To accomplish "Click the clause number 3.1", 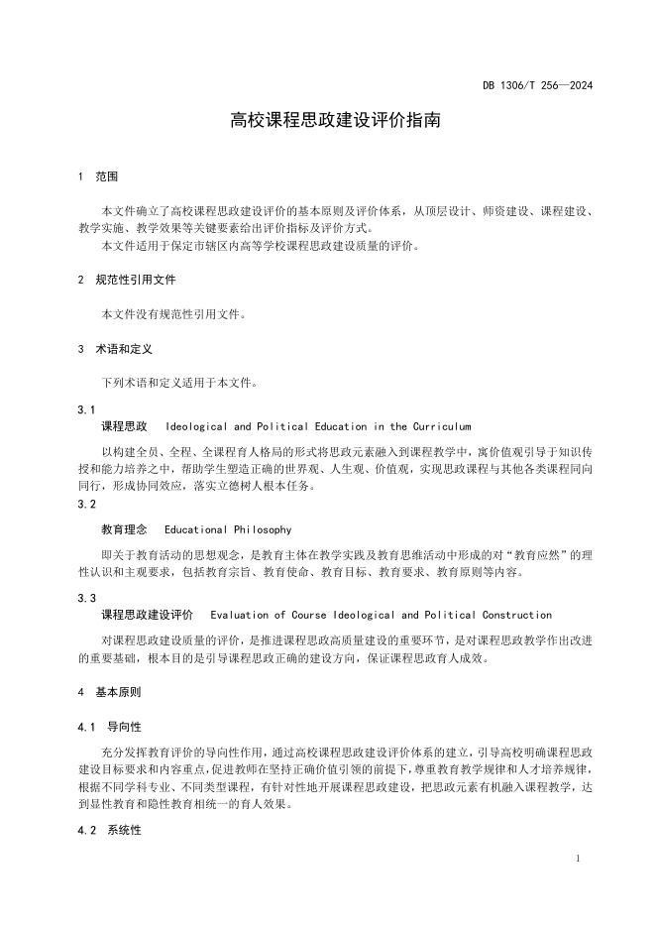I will (86, 409).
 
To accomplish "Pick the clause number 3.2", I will (86, 504).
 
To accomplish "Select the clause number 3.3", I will (86, 599).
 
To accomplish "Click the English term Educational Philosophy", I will (228, 530).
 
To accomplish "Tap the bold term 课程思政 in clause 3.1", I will (125, 426).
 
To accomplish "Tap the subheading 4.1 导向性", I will (110, 727).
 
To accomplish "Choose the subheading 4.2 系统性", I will (110, 830).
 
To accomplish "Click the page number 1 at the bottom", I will (578, 859).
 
